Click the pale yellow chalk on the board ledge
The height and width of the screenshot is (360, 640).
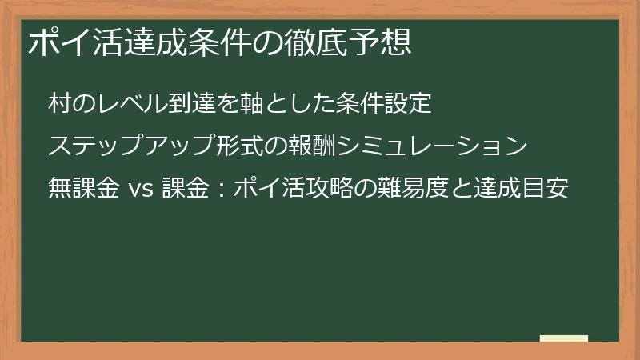point(563,339)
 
